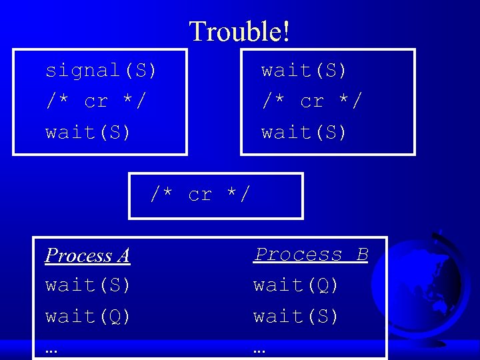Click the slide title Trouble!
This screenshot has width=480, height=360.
tap(239, 31)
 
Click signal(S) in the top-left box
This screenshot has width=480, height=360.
tap(101, 70)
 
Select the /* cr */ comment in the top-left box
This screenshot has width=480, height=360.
tap(95, 101)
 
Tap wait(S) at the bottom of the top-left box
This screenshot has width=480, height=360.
tap(88, 132)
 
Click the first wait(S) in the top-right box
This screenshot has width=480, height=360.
tap(304, 70)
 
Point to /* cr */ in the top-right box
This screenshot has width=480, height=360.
tap(311, 101)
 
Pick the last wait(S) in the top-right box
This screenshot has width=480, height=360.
tap(304, 132)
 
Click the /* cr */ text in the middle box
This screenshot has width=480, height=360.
tap(200, 195)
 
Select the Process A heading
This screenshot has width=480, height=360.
tap(87, 255)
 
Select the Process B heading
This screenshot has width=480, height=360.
tap(311, 254)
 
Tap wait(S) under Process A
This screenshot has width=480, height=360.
tap(88, 285)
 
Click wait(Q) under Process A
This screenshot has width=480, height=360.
tap(88, 316)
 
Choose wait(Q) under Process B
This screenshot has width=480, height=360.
tap(296, 285)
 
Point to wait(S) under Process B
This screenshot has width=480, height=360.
tap(296, 316)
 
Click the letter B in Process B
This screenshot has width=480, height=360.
tap(362, 254)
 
